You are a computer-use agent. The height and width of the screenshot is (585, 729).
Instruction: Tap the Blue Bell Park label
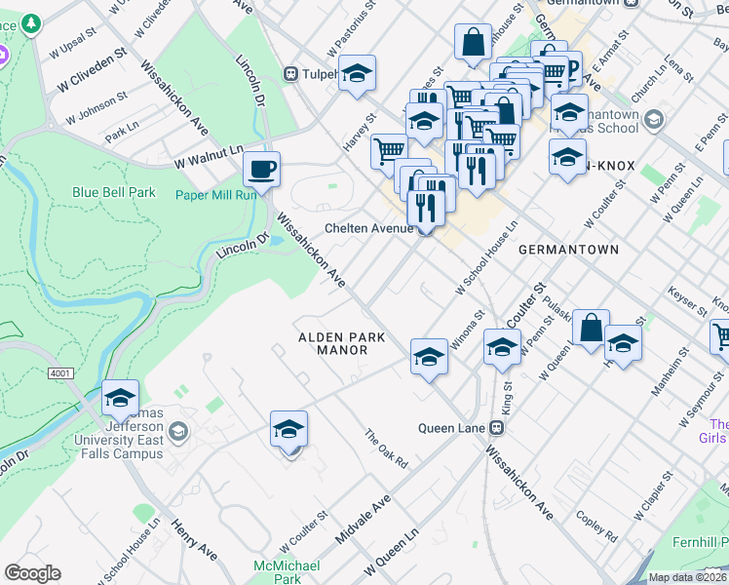click(x=113, y=192)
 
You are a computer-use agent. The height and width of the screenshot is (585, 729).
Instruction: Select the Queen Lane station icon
click(x=497, y=428)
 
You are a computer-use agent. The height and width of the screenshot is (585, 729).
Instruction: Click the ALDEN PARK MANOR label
click(x=341, y=343)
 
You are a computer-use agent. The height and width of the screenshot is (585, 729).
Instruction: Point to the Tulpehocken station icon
click(x=289, y=74)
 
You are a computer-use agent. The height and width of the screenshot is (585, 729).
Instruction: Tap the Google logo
click(x=32, y=573)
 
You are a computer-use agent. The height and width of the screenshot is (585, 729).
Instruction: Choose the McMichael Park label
click(x=278, y=571)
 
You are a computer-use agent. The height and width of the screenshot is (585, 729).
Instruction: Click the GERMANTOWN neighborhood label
click(x=568, y=250)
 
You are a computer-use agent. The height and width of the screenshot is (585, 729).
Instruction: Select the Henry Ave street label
click(x=194, y=539)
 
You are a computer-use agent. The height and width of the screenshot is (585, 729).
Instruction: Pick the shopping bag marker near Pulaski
click(x=591, y=328)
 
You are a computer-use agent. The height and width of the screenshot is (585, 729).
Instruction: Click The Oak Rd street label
click(x=385, y=448)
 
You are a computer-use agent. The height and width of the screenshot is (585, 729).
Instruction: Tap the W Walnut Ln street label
click(x=208, y=153)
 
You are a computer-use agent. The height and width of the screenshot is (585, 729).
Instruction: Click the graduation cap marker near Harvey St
click(x=358, y=73)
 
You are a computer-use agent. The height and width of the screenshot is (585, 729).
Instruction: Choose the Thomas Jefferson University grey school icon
click(x=178, y=431)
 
